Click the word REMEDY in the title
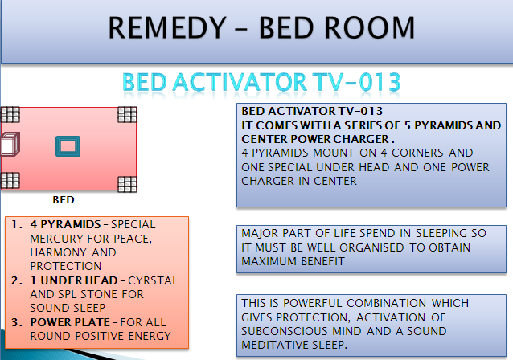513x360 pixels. point(167,28)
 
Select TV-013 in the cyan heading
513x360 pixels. point(356,82)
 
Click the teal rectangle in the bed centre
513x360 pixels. point(68,146)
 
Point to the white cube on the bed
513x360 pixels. point(10,144)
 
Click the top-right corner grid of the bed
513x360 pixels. point(127,114)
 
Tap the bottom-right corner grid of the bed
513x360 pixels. point(127,184)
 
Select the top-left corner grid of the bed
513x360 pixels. point(10,114)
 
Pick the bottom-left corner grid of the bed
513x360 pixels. point(10,181)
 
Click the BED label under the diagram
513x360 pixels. point(64,200)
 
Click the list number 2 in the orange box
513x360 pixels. point(17,281)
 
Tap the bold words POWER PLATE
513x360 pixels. point(70,322)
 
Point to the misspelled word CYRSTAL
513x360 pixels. point(153,281)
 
